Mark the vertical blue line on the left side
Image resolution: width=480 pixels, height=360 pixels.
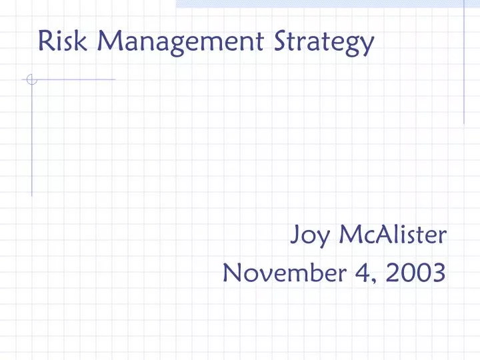point(31,140)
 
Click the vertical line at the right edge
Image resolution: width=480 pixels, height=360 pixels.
point(464,63)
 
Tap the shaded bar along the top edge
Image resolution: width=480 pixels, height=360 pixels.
point(327,3)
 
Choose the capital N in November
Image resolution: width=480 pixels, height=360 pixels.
point(233,271)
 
